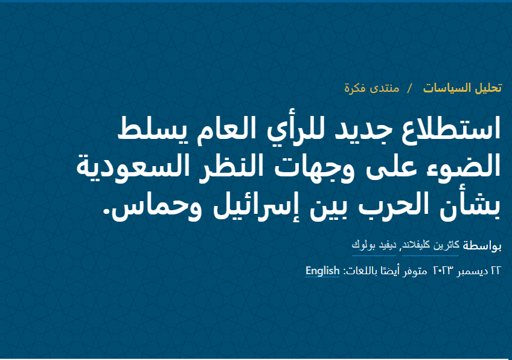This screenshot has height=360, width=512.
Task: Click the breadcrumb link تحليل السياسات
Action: pos(462,88)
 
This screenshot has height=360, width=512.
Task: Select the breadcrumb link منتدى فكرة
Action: pos(372,88)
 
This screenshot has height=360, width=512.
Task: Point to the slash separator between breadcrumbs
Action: pos(410,88)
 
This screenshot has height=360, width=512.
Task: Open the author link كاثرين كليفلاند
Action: pos(430,245)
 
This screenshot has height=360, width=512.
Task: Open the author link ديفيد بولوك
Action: pos(374,245)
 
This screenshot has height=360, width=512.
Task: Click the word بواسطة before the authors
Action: pos(482,246)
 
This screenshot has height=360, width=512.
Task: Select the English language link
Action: pos(322,271)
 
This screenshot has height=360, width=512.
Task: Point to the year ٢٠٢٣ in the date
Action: pos(443,271)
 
